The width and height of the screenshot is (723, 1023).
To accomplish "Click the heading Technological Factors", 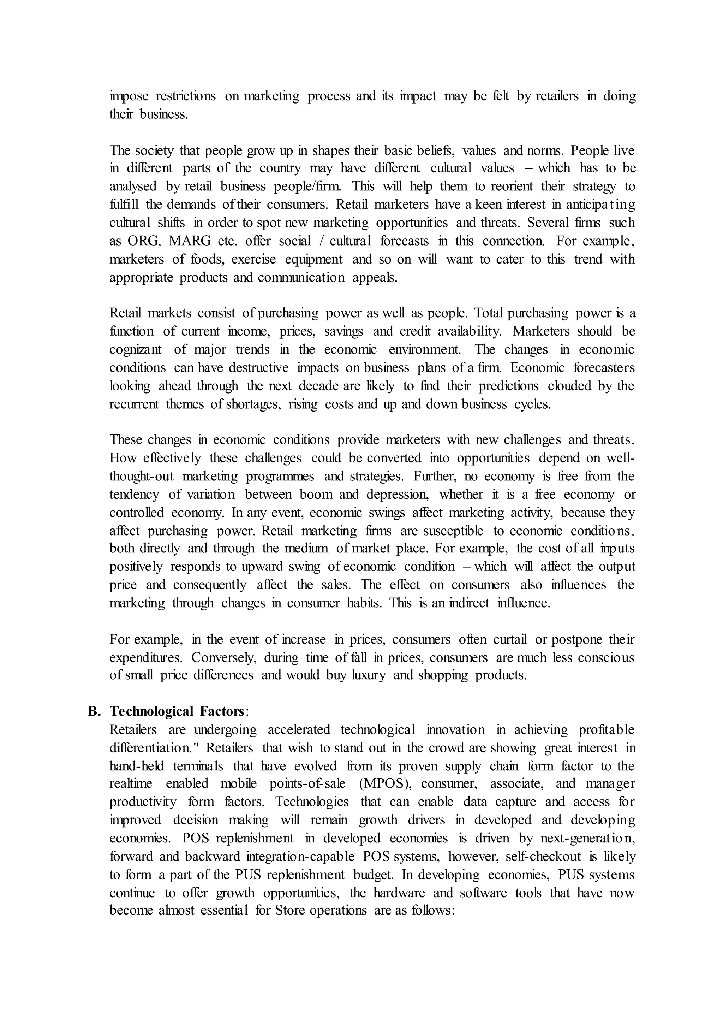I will (x=177, y=711).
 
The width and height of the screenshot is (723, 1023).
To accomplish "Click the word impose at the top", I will (x=129, y=96).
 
